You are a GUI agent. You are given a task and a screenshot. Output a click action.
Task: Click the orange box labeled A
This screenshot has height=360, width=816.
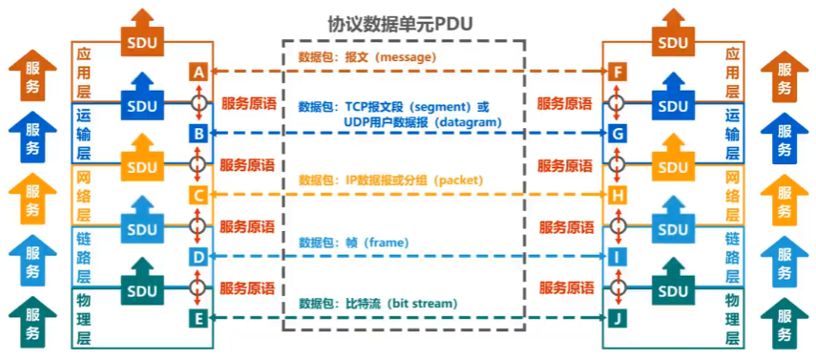[199, 72]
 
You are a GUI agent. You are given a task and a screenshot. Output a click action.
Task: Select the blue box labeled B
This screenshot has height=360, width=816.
[199, 134]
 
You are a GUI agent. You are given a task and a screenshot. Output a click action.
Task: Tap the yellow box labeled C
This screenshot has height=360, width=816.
[199, 196]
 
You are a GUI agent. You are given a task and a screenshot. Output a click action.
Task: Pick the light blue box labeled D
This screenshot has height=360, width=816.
[199, 257]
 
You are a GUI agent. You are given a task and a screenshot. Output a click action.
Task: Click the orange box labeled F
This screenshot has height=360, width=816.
[617, 72]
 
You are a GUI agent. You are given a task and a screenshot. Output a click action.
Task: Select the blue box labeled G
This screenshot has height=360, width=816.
[617, 134]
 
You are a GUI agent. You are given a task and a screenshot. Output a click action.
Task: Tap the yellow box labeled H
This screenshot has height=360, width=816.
[617, 196]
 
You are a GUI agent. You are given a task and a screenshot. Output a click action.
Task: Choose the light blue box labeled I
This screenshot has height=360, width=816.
[617, 257]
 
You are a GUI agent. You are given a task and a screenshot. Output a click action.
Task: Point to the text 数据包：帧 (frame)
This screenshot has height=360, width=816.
[351, 243]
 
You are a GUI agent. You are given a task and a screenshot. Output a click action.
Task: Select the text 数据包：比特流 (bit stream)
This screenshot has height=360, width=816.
[377, 304]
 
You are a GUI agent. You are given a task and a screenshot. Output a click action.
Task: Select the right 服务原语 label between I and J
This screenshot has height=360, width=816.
[567, 287]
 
